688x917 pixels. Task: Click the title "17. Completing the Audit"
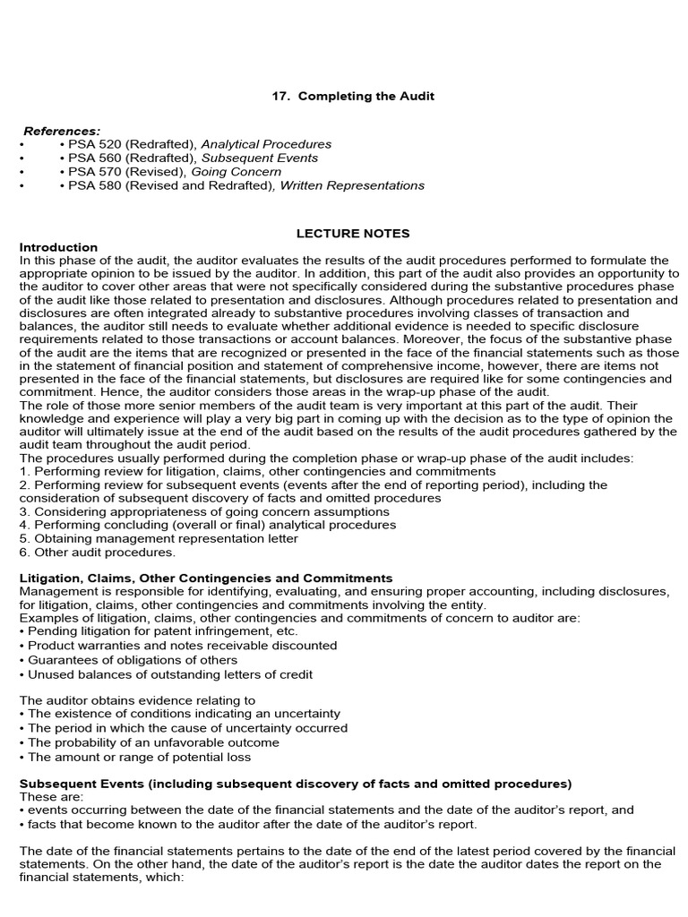pyautogui.click(x=353, y=96)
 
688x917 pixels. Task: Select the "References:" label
pyautogui.click(x=62, y=130)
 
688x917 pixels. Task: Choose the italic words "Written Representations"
pyautogui.click(x=352, y=185)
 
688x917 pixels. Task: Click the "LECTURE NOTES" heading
pyautogui.click(x=353, y=234)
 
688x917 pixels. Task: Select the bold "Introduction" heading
pyautogui.click(x=59, y=247)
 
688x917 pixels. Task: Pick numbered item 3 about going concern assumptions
pyautogui.click(x=204, y=511)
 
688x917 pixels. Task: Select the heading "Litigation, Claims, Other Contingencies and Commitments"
pyautogui.click(x=206, y=578)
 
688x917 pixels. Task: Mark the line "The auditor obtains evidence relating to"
pyautogui.click(x=137, y=700)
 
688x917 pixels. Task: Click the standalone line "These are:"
pyautogui.click(x=51, y=796)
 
